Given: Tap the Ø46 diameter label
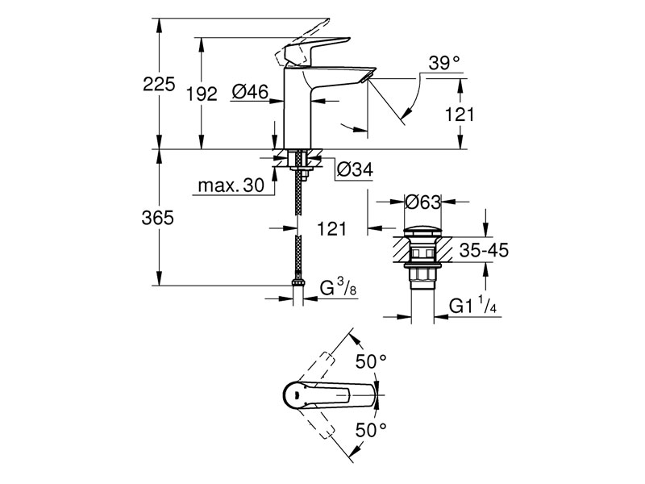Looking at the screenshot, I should point(250,93).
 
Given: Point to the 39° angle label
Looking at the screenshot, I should point(443,62).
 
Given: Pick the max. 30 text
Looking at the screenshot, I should point(231,186).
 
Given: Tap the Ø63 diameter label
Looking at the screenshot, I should point(422,201).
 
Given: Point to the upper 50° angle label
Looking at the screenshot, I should point(372,362).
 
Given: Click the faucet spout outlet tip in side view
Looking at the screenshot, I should point(369,77).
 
